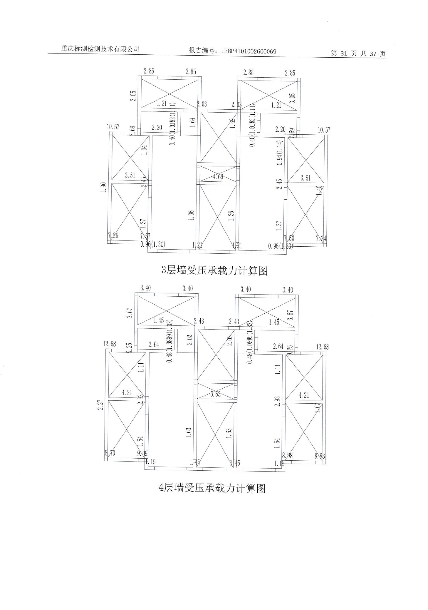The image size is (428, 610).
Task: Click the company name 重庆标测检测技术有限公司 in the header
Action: click(100, 49)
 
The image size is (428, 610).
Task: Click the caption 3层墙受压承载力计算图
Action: click(214, 270)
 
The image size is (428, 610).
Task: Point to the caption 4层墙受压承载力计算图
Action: click(212, 488)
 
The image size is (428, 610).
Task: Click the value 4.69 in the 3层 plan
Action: click(218, 177)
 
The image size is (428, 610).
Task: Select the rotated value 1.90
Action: click(103, 187)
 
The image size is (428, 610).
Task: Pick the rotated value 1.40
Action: click(319, 191)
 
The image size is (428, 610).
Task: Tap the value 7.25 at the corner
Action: click(113, 235)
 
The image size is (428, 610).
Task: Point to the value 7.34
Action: click(321, 238)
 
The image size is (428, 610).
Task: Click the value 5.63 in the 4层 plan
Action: click(215, 394)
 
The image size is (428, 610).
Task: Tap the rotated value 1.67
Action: click(317, 408)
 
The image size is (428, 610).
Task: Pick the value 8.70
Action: click(110, 453)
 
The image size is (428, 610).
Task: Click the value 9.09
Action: click(142, 454)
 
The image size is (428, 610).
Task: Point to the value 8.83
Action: click(320, 456)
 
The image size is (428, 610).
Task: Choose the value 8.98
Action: click(287, 456)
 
